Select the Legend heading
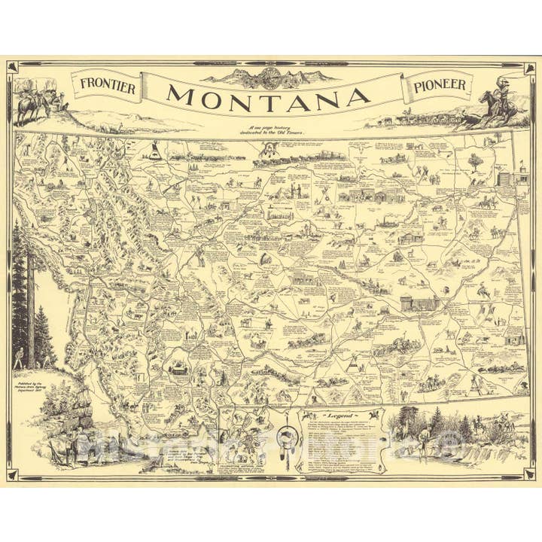[340, 415]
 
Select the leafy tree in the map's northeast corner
[473, 160]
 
